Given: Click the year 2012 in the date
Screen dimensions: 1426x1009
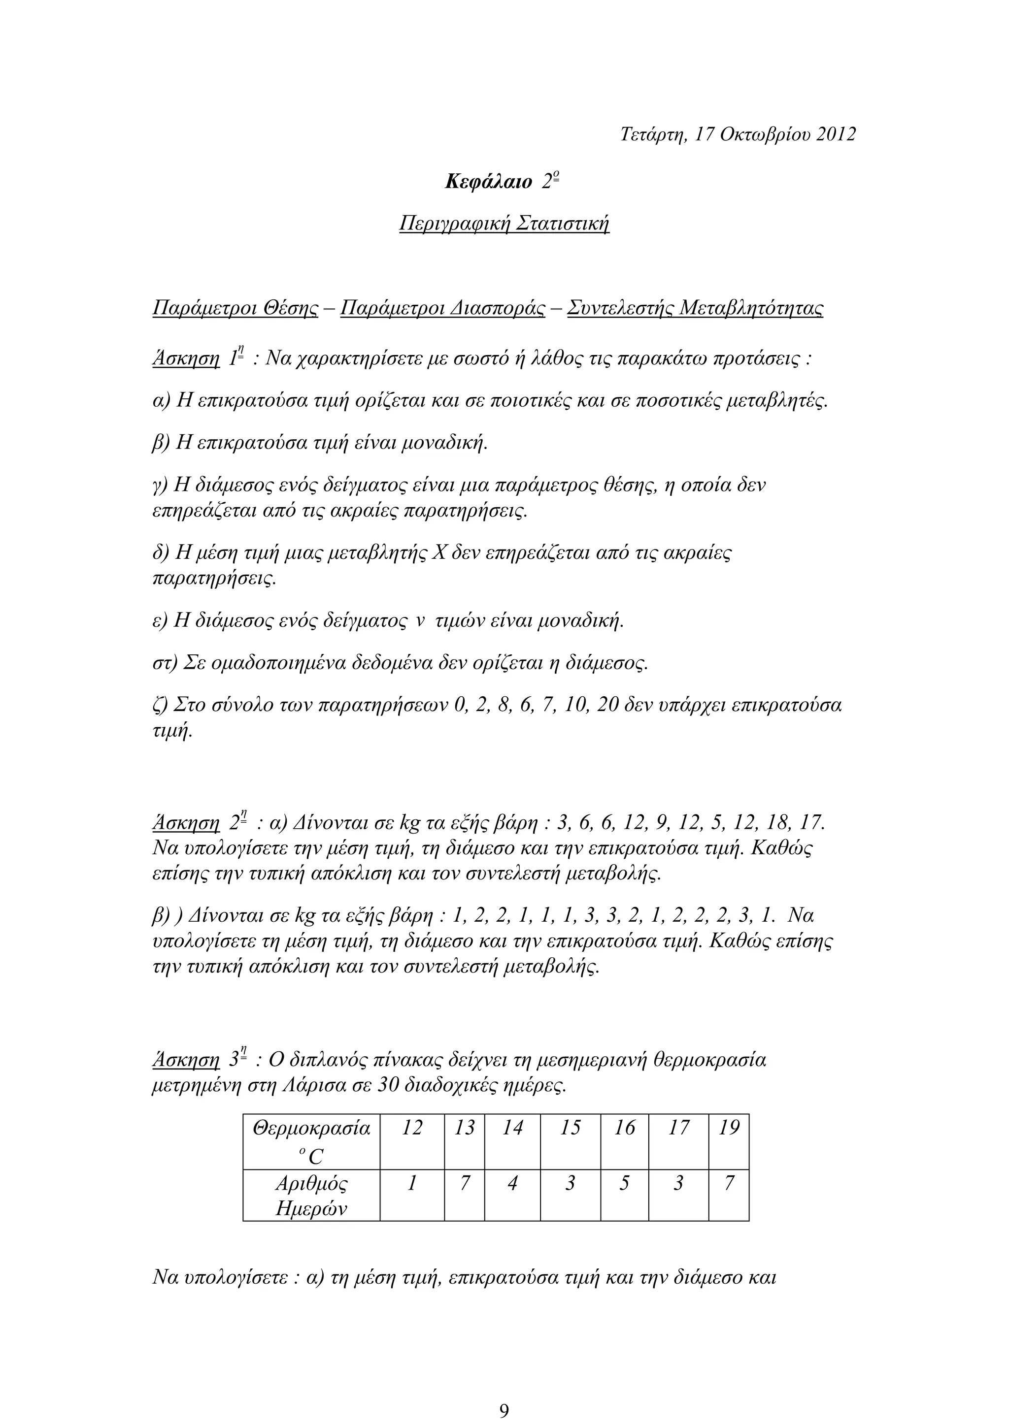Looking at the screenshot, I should tap(835, 134).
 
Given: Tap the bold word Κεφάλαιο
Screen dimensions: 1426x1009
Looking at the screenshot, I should tap(488, 182).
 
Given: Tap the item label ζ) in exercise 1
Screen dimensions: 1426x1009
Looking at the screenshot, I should tap(160, 706).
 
